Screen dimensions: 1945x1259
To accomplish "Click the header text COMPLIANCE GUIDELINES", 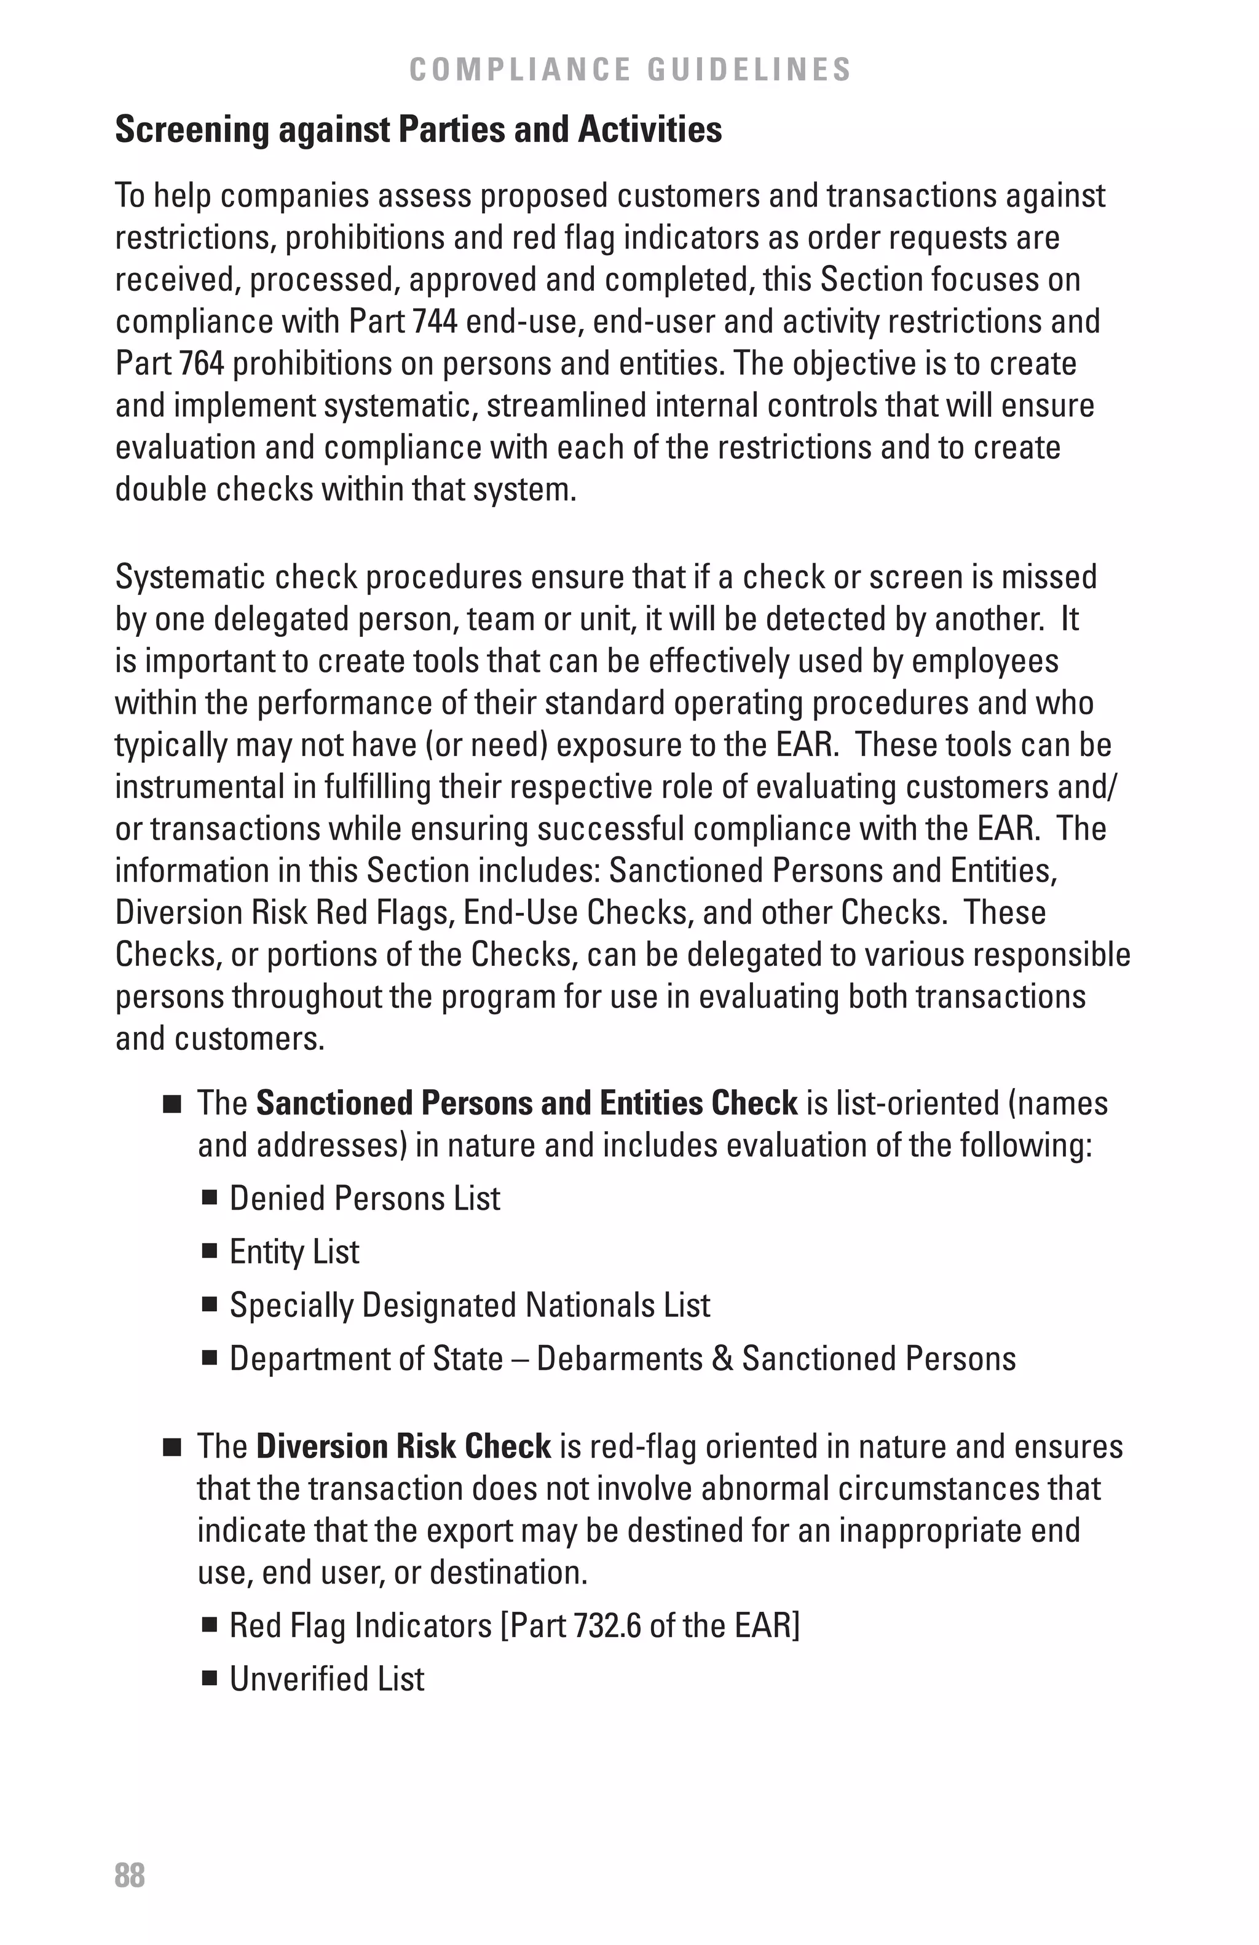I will click(630, 69).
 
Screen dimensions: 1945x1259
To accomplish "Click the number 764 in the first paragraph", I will click(202, 364).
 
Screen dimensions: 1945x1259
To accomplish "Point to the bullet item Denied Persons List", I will click(365, 1198).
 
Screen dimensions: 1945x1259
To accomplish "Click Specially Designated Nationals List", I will click(469, 1305).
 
